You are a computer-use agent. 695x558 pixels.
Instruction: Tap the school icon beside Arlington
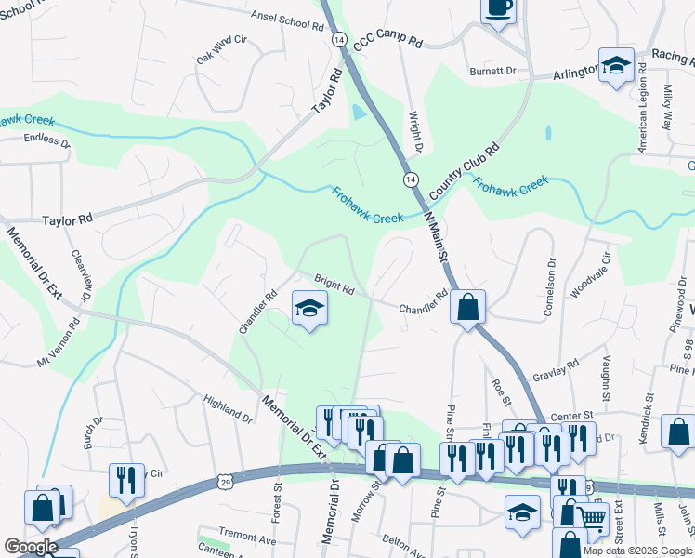[615, 66]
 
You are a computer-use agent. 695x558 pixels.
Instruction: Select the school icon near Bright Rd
[309, 309]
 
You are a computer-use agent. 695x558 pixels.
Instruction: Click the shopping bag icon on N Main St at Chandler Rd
[468, 306]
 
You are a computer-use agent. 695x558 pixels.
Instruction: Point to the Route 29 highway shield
[224, 480]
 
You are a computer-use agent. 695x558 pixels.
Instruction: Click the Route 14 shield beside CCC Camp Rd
[339, 41]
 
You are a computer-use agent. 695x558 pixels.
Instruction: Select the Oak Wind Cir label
[220, 48]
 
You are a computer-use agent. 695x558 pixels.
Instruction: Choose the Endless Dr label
[47, 143]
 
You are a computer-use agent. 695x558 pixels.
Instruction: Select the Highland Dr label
[228, 406]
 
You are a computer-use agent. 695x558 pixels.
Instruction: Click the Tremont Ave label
[248, 538]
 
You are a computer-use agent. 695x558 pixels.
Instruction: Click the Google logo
[30, 547]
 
